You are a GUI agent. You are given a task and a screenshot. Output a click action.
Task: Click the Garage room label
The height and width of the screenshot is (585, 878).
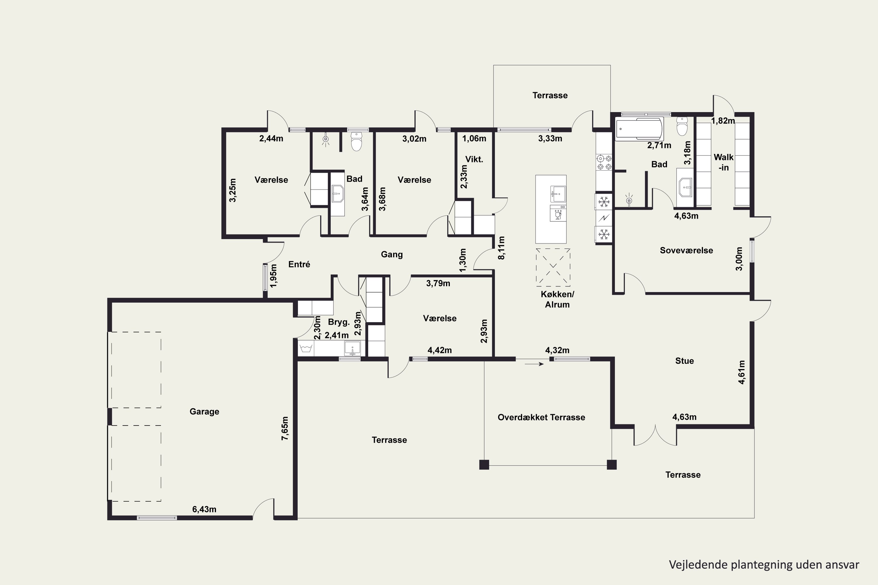click(x=204, y=412)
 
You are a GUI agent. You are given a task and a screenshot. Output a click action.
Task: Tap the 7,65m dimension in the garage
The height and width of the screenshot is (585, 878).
click(x=285, y=428)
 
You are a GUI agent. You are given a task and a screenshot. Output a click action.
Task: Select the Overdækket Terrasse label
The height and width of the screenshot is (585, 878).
click(x=541, y=417)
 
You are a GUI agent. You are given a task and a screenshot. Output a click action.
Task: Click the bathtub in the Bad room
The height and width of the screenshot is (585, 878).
click(x=639, y=129)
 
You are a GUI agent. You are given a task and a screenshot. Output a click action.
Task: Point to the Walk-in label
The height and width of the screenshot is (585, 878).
click(x=723, y=162)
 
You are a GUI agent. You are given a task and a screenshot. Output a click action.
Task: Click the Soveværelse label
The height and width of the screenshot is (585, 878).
click(x=686, y=250)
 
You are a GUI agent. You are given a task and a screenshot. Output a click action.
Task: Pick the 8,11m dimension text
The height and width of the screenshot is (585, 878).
click(x=502, y=248)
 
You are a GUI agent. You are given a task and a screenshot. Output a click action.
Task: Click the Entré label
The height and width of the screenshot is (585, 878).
click(x=299, y=264)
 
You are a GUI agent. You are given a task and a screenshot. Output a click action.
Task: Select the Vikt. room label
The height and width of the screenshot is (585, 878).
click(x=474, y=159)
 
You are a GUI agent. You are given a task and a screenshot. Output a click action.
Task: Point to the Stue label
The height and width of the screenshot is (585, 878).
click(x=684, y=361)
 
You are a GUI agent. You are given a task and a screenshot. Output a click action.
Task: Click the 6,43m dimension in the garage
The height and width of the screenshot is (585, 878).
click(x=204, y=509)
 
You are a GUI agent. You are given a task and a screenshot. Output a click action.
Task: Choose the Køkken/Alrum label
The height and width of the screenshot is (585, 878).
click(x=557, y=299)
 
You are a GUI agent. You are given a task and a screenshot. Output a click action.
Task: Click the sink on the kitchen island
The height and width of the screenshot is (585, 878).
click(x=558, y=194)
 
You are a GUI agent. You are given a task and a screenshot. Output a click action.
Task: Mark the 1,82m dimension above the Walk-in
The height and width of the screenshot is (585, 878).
click(x=723, y=121)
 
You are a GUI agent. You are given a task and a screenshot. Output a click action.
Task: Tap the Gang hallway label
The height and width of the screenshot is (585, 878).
click(x=392, y=254)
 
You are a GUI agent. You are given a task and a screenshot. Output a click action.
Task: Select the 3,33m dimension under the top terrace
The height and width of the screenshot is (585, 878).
click(x=550, y=138)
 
